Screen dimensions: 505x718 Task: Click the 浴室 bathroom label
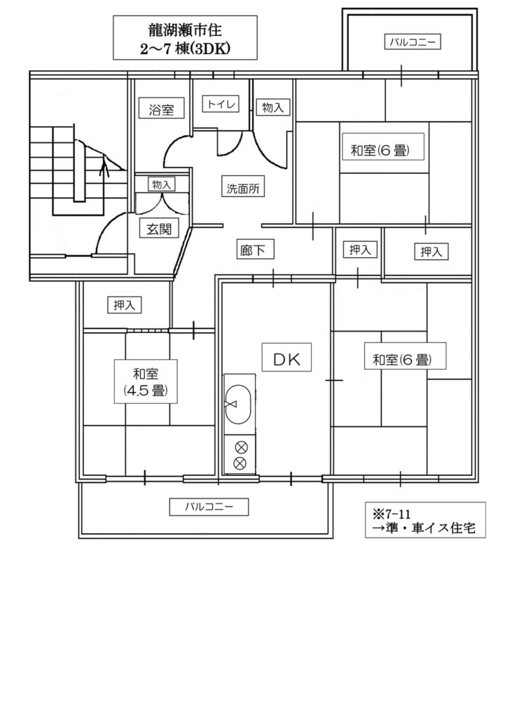162,110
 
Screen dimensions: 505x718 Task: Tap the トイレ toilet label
221,104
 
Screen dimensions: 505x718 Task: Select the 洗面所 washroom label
243,188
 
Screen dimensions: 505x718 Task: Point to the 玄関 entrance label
159,229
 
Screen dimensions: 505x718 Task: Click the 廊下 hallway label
252,250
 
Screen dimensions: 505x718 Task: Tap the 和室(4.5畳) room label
146,382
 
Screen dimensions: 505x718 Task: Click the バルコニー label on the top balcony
412,43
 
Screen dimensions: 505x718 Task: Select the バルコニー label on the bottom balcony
209,507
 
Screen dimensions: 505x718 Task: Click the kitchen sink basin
238,405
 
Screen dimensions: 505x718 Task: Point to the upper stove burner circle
240,447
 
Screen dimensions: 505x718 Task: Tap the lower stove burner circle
240,463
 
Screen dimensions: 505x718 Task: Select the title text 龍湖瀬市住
185,30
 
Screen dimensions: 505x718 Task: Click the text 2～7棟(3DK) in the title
185,48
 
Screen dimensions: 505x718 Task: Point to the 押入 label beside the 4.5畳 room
124,305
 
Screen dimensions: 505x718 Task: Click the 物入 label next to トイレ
272,107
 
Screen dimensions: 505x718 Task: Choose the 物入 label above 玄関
161,184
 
